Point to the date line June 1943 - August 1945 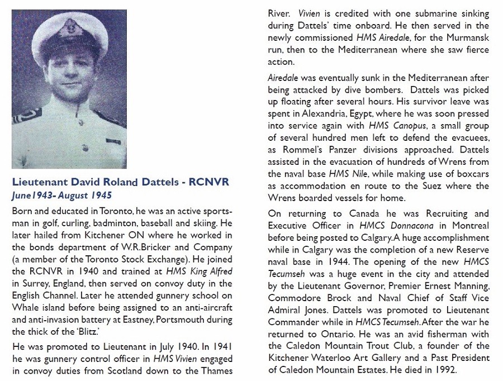coord(61,196)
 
